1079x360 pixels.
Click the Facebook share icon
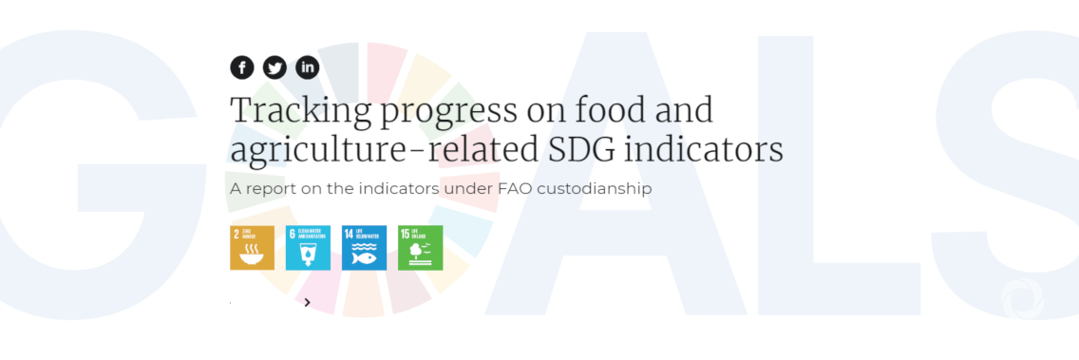242,67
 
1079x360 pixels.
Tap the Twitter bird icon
274,67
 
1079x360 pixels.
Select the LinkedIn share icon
307,67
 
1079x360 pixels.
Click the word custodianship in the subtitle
594,188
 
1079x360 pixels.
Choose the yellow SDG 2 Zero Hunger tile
252,247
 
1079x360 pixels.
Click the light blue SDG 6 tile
308,247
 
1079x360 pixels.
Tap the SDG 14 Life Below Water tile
364,247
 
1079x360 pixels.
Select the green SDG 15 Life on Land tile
420,247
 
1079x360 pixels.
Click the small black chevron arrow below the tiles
308,303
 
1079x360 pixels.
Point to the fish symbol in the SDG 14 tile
364,256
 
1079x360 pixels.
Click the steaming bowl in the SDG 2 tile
253,254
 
